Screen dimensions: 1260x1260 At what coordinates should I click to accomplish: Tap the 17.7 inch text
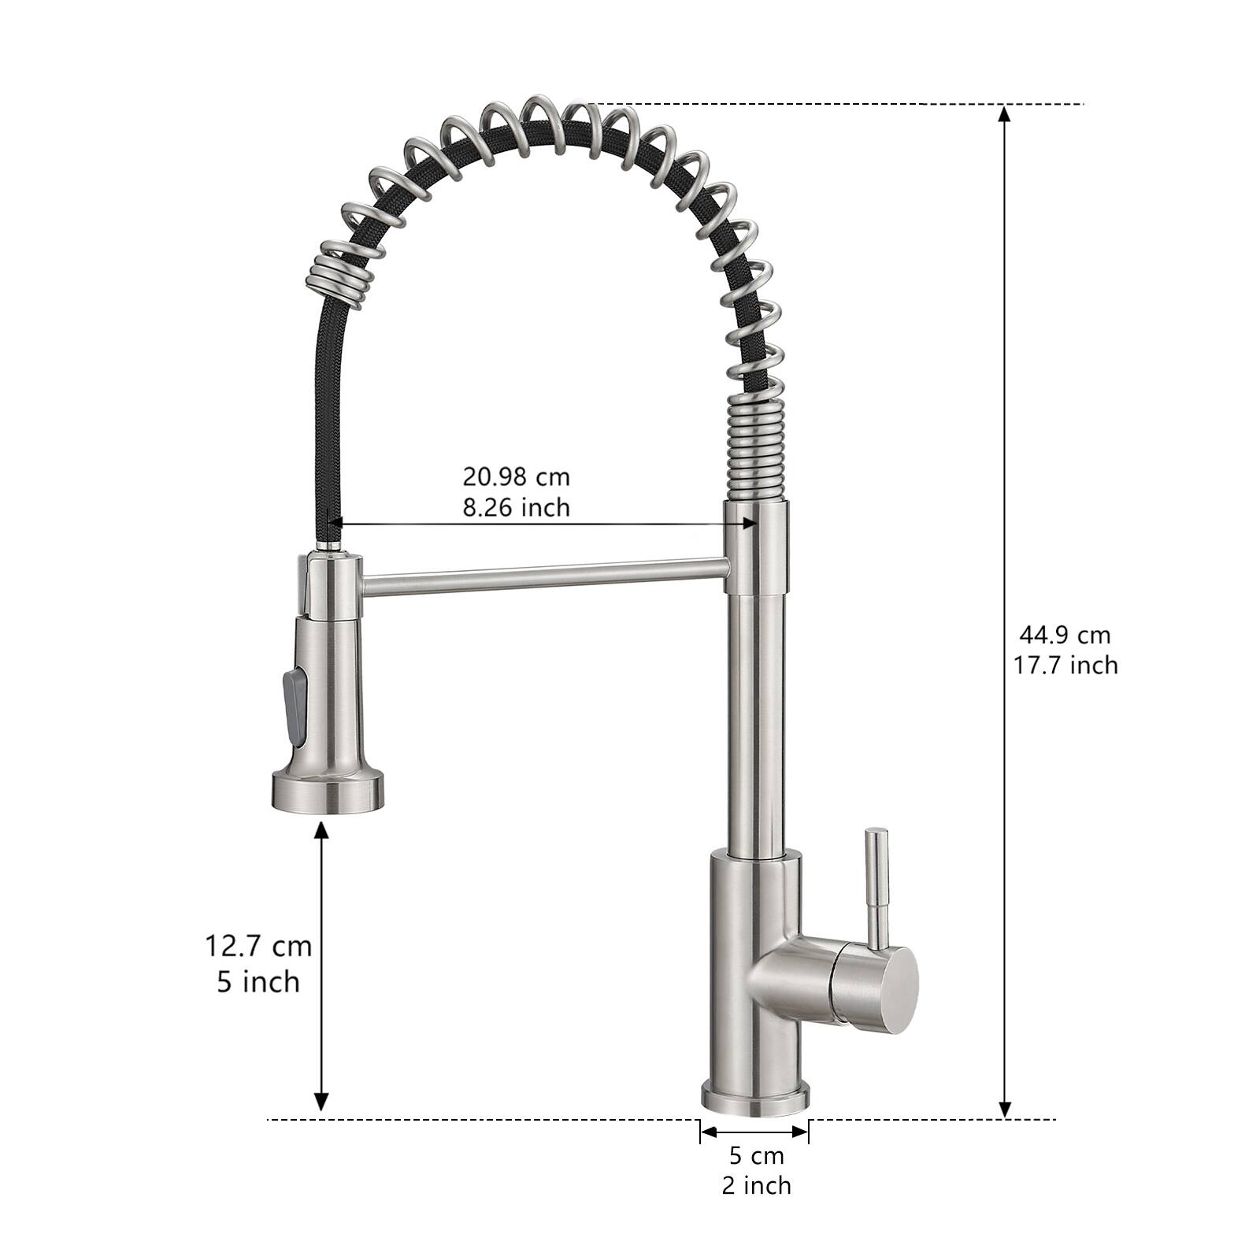pos(1065,665)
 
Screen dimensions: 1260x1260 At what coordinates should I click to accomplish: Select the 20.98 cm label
pos(516,476)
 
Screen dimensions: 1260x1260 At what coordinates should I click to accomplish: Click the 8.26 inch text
pos(516,507)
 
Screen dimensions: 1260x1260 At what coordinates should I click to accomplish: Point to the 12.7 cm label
pos(258,945)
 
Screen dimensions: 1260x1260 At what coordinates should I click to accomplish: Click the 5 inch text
pos(258,982)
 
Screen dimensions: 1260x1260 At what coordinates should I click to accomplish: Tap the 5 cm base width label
pos(756,1156)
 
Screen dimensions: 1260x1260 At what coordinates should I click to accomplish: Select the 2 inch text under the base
pos(756,1185)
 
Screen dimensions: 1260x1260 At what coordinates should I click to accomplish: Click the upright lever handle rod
pos(876,882)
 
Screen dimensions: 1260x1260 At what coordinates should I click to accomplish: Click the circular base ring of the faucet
pos(756,1099)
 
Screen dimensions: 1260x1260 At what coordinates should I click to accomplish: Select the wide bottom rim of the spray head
pos(328,792)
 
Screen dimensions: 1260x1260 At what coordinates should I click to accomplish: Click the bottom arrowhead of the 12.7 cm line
pos(321,1102)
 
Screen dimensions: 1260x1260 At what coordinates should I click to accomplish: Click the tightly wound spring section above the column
pos(754,449)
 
